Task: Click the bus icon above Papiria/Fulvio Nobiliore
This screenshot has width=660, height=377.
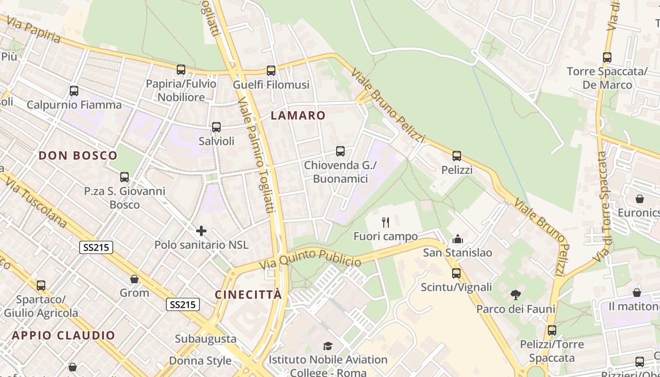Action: (x=181, y=70)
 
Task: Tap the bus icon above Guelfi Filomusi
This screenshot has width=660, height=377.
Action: (x=271, y=71)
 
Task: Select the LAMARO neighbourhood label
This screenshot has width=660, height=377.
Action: (x=298, y=115)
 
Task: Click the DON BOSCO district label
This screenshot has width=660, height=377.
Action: (x=78, y=156)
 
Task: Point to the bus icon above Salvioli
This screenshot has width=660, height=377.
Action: (x=216, y=127)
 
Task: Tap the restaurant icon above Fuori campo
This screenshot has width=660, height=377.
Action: (x=386, y=222)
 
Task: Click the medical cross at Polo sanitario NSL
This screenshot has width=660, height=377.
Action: (x=201, y=231)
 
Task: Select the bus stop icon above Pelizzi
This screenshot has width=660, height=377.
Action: (x=456, y=156)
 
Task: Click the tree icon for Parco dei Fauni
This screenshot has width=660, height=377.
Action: (x=516, y=295)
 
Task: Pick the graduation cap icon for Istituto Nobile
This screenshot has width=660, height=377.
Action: (x=328, y=346)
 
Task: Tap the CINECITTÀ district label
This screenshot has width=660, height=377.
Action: (x=248, y=295)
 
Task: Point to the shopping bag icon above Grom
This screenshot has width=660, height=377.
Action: (x=134, y=279)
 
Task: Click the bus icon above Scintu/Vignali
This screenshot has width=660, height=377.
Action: (x=456, y=273)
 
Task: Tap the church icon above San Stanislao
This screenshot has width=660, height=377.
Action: (x=458, y=239)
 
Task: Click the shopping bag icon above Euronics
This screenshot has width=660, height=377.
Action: (x=640, y=199)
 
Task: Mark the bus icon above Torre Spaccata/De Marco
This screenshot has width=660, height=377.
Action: (x=607, y=57)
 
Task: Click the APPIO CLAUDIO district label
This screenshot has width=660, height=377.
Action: (x=63, y=336)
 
